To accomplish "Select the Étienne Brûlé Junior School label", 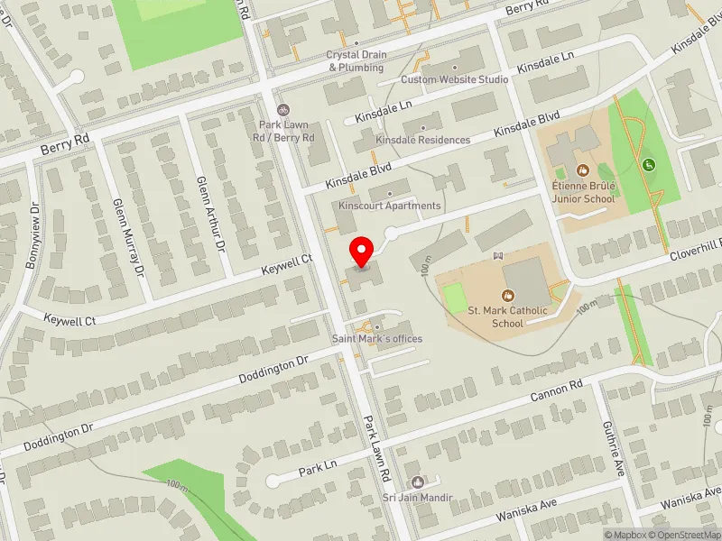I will click(583, 192).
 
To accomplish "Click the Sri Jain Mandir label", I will click(416, 497).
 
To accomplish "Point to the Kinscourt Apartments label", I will click(389, 206).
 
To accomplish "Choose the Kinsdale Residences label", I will click(423, 140).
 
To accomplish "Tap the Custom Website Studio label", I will click(455, 79).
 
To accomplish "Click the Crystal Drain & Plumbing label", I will click(356, 60).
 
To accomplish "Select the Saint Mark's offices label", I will click(377, 339).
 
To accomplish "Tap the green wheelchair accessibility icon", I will click(648, 165).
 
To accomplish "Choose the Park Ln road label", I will click(317, 470).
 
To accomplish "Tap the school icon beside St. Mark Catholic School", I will click(507, 295).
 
